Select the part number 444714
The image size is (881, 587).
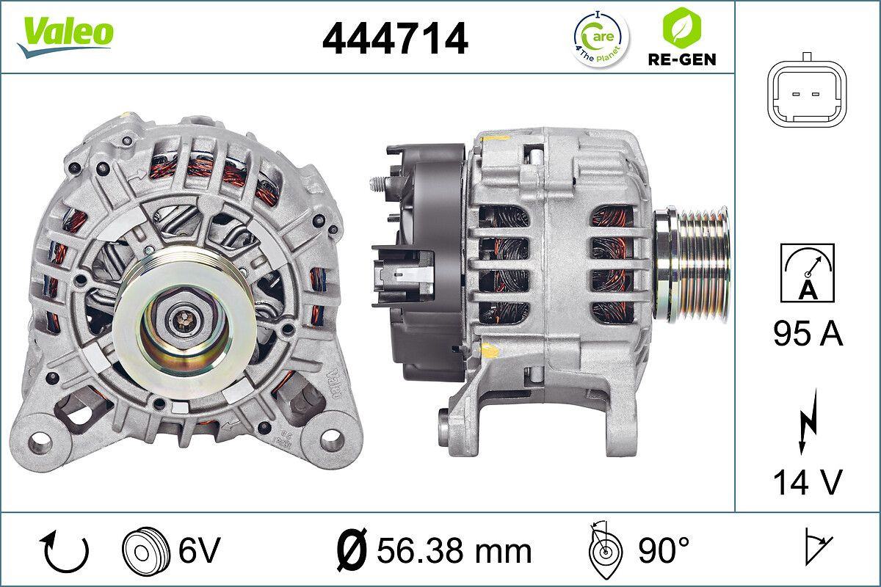point(395,38)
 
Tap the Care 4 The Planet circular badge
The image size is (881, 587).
point(600,38)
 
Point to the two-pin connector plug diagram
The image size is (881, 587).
point(805,93)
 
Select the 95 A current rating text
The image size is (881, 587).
point(808,335)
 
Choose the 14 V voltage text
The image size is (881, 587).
point(807,482)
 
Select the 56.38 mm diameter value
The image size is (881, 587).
point(432,550)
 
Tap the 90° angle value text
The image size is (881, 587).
point(663,550)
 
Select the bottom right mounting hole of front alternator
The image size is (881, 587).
point(332,440)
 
